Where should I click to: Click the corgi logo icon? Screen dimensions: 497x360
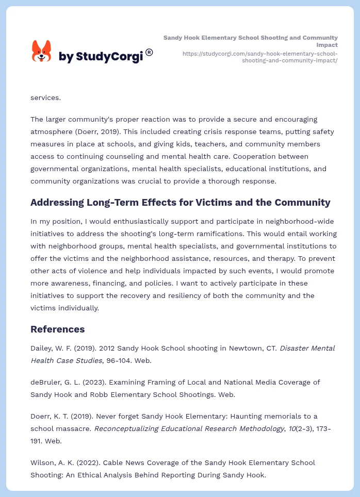(x=41, y=52)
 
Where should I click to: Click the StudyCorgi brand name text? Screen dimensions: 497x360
(x=101, y=57)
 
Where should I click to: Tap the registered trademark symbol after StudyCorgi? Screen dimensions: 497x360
(x=149, y=52)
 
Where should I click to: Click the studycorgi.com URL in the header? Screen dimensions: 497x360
(x=260, y=57)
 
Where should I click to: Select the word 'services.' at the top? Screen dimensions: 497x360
(x=45, y=97)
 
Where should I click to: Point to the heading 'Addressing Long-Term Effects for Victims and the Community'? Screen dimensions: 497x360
(x=180, y=203)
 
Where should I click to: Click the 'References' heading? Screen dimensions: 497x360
(x=57, y=329)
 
